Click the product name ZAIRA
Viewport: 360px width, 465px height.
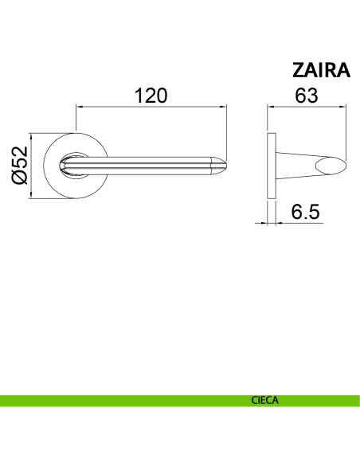[x=321, y=70]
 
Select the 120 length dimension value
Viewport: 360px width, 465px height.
[x=151, y=96]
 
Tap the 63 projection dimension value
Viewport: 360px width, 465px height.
[x=307, y=96]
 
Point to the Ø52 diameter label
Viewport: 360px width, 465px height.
[x=20, y=165]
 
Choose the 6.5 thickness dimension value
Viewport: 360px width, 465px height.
[x=305, y=212]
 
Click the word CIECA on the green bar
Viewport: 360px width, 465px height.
[x=264, y=401]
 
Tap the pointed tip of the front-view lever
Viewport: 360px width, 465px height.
[x=226, y=166]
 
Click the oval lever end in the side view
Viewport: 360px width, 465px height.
[x=331, y=166]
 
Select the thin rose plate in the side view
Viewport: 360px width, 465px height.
[x=272, y=166]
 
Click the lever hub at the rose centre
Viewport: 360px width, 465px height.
[x=74, y=166]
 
